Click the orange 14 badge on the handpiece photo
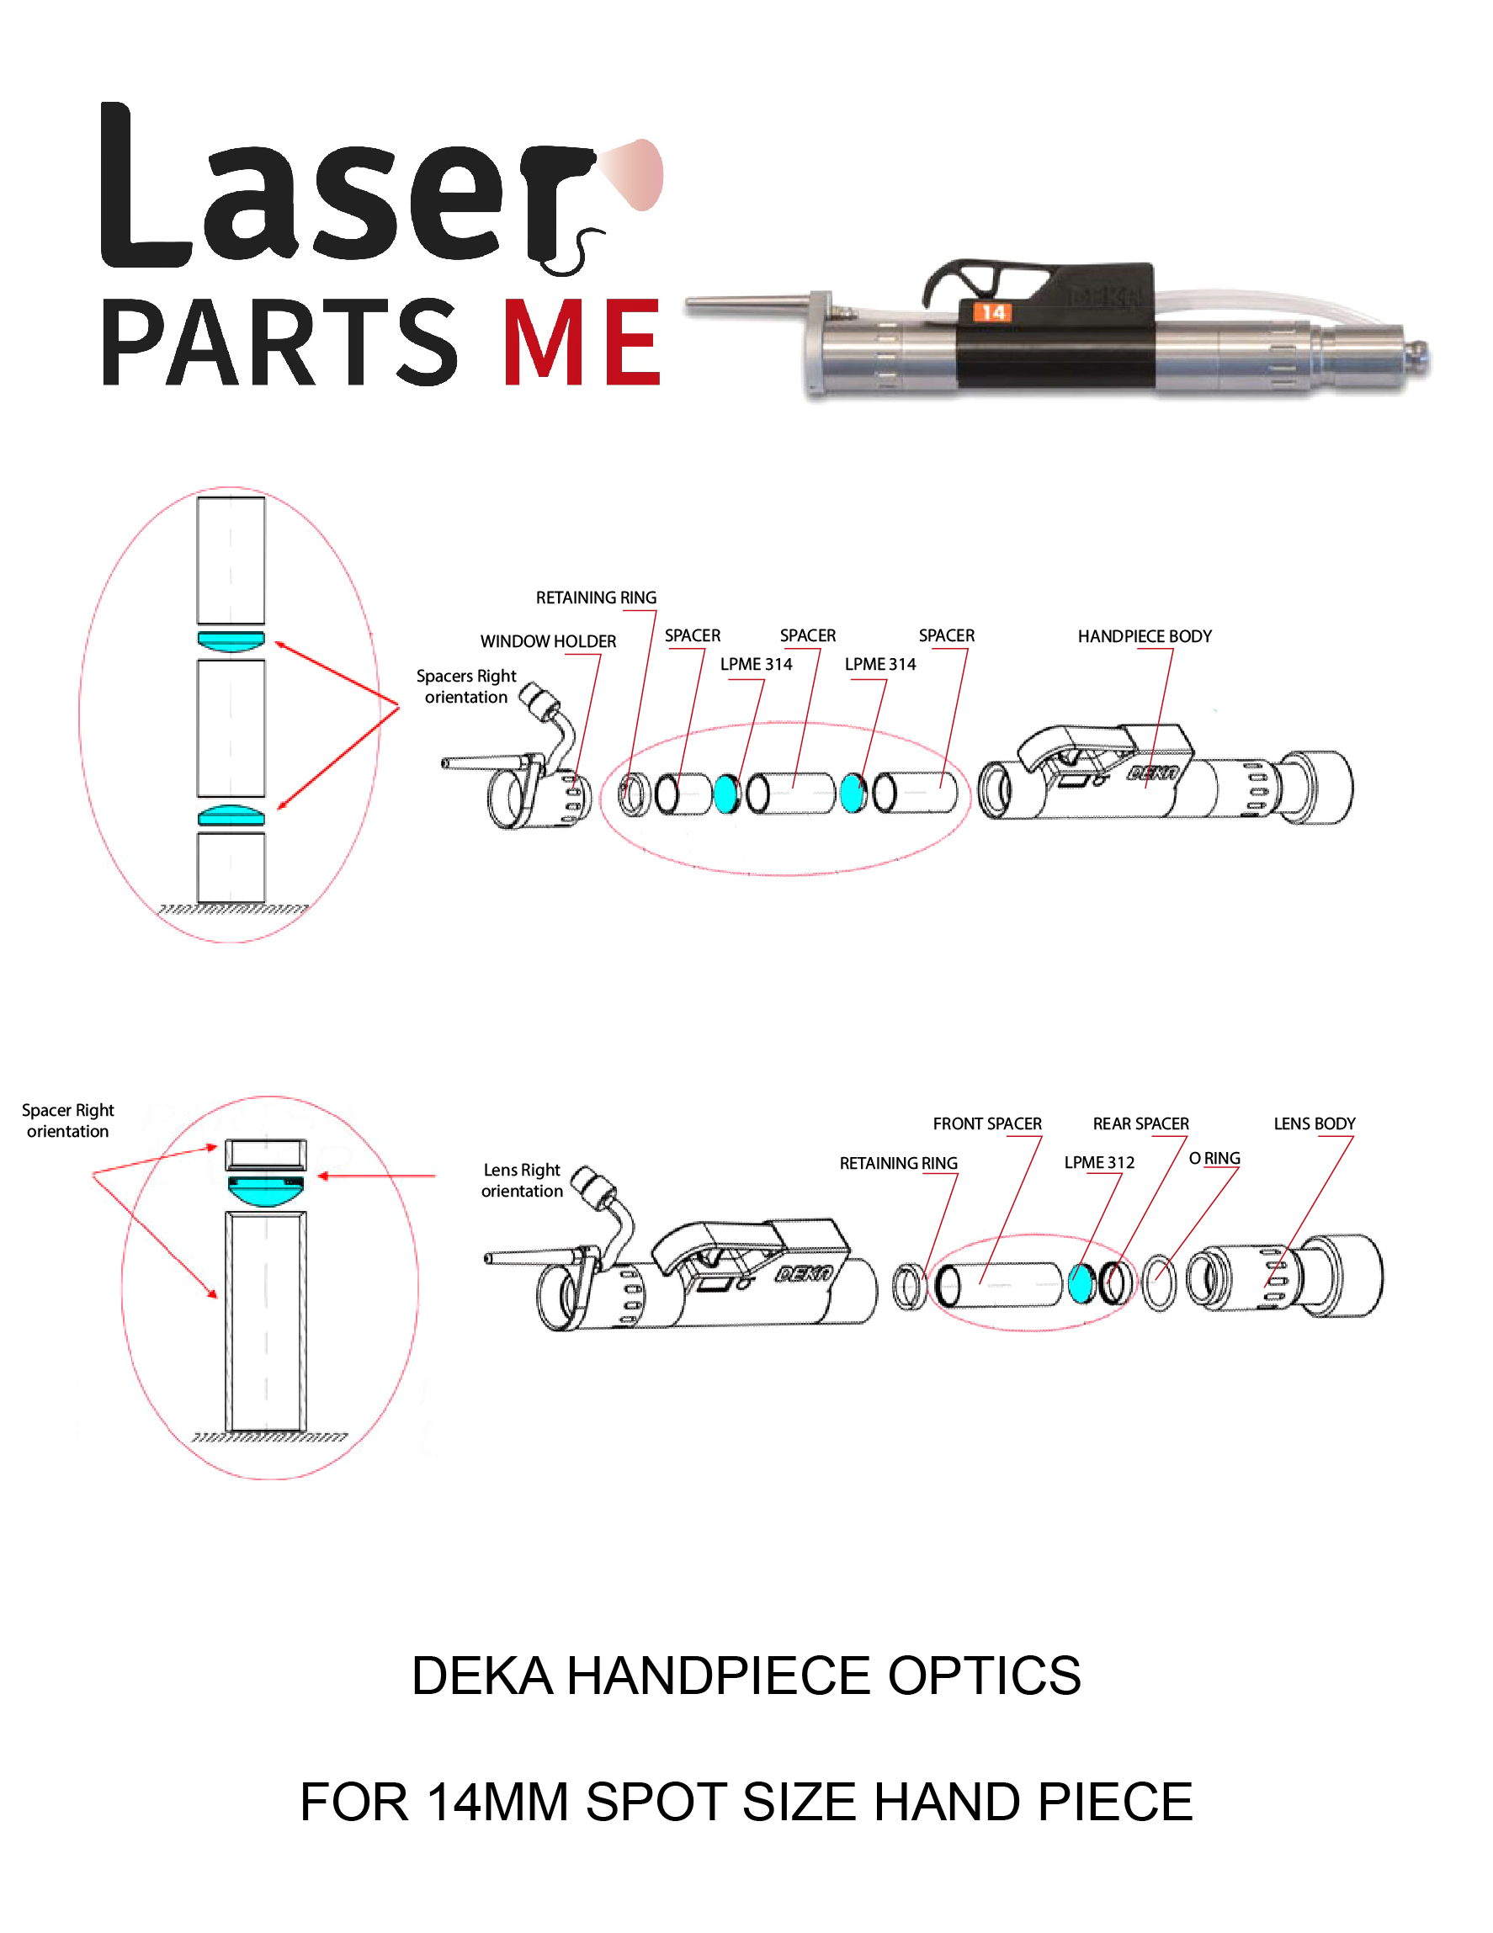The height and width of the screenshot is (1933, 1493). pyautogui.click(x=992, y=311)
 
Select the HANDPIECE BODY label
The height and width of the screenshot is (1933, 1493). pyautogui.click(x=1144, y=635)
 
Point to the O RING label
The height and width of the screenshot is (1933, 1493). pyautogui.click(x=1214, y=1158)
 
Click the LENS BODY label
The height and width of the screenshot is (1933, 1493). pyautogui.click(x=1314, y=1123)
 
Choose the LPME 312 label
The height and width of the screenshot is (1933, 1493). pyautogui.click(x=1098, y=1162)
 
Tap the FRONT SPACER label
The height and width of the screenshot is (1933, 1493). pyautogui.click(x=987, y=1123)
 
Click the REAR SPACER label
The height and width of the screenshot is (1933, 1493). pyautogui.click(x=1140, y=1123)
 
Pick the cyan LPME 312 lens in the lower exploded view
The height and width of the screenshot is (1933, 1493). pyautogui.click(x=1081, y=1283)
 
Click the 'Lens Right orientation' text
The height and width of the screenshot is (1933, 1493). pyautogui.click(x=521, y=1180)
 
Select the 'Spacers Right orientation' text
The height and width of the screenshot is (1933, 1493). pyautogui.click(x=465, y=686)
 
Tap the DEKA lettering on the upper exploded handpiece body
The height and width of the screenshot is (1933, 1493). pyautogui.click(x=1152, y=773)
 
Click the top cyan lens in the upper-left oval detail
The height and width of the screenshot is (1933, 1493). pyautogui.click(x=231, y=640)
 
